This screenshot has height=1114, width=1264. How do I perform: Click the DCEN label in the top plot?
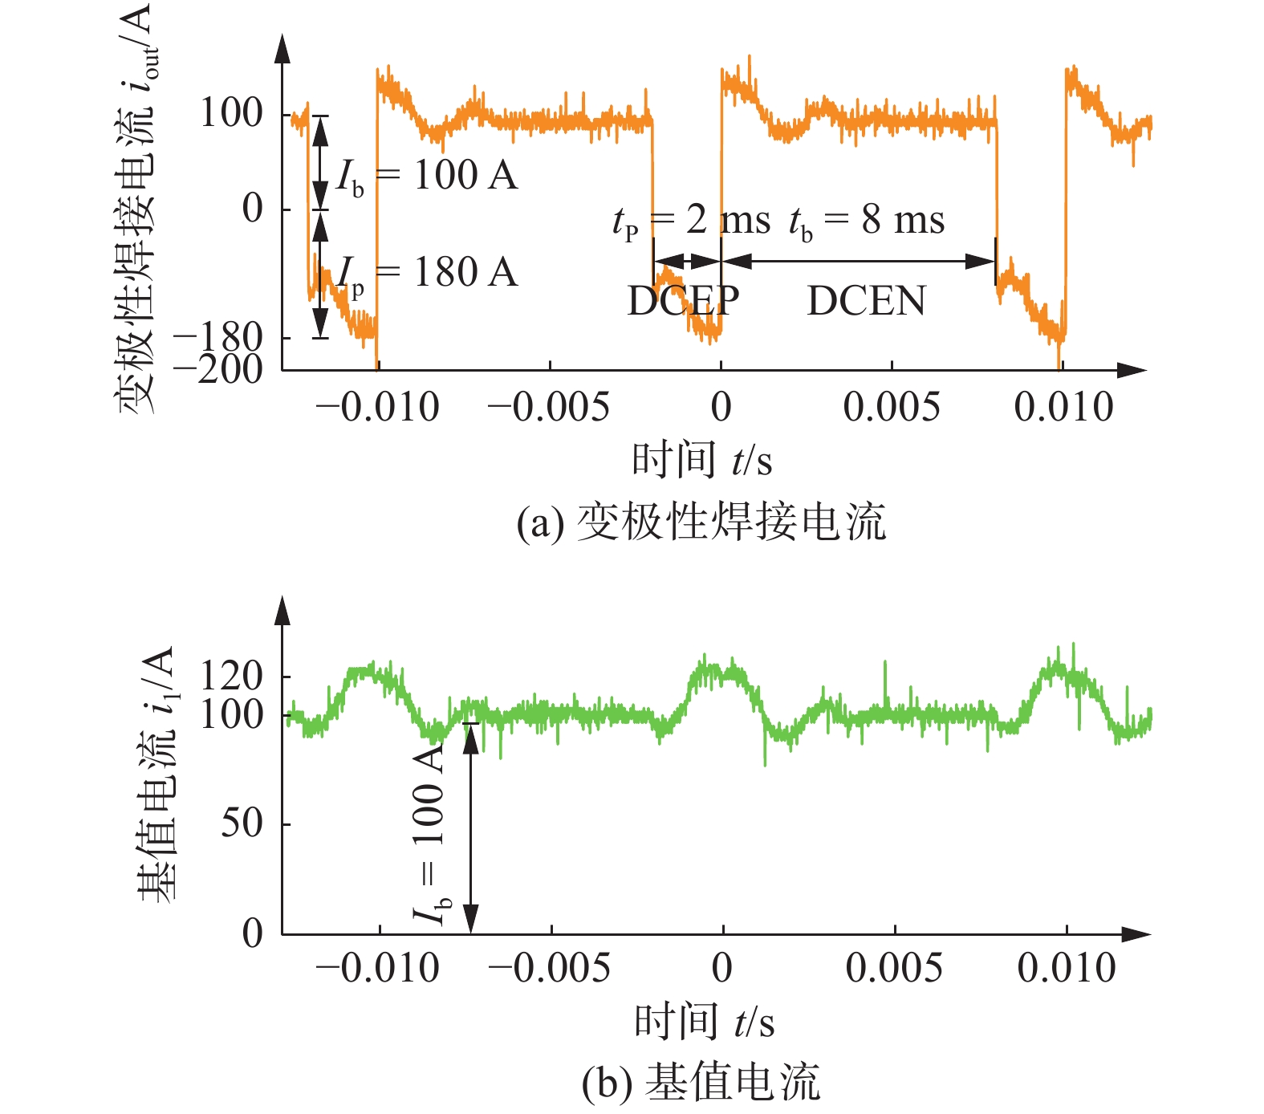point(866,301)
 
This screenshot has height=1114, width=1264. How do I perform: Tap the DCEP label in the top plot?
point(683,301)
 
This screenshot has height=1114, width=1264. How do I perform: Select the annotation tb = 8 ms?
point(867,220)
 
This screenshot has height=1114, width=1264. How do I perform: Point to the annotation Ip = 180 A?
point(427,274)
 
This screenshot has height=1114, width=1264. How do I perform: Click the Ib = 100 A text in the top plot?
point(427,176)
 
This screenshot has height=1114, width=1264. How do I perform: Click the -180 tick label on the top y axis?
point(218,337)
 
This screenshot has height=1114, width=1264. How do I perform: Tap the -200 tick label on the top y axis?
point(218,369)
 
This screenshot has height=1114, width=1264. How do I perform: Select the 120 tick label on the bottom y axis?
point(231,677)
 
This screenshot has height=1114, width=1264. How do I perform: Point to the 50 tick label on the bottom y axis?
point(242,823)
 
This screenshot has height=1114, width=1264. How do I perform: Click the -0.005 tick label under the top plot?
point(549,407)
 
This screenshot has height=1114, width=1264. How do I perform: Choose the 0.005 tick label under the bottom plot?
point(893,968)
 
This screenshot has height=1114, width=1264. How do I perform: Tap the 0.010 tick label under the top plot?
point(1063,407)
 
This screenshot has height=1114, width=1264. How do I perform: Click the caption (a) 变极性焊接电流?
point(701,522)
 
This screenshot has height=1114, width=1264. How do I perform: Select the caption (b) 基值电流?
point(701,1083)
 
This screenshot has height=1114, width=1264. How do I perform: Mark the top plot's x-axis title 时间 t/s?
point(702,461)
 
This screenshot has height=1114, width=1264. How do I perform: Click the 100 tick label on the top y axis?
point(231,113)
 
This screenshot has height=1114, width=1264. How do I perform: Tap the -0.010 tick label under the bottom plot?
point(378,968)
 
